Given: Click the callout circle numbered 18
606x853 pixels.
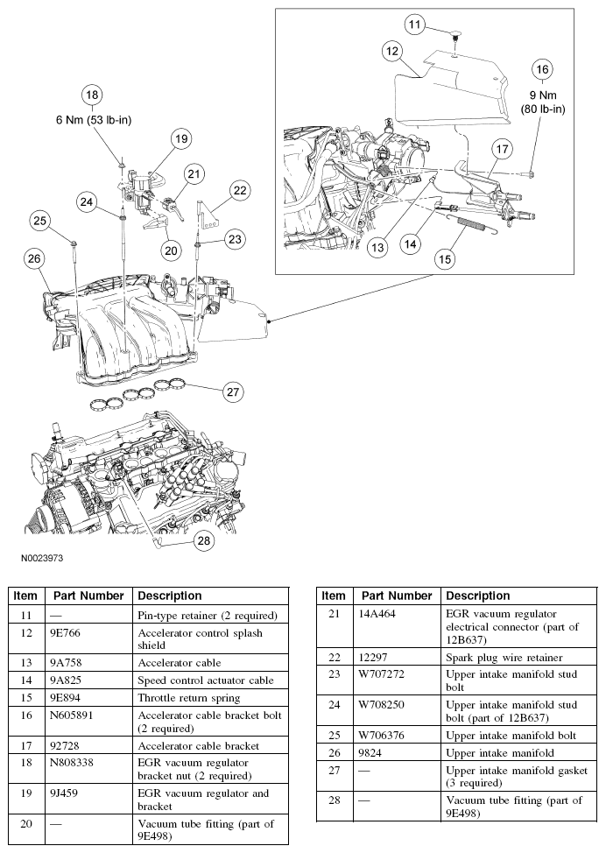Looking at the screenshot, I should (92, 95).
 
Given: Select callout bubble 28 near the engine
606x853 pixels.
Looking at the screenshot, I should (203, 541).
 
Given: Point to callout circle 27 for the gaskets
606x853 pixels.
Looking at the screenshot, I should (232, 392).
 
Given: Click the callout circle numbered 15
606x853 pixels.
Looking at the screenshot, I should (446, 258).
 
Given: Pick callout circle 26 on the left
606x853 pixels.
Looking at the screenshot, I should (33, 258).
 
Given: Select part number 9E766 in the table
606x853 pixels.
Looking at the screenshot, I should (67, 632).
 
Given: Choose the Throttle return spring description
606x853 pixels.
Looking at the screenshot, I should (188, 697).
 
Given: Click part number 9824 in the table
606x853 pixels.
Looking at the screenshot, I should (377, 752).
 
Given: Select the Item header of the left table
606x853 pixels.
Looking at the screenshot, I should (25, 596).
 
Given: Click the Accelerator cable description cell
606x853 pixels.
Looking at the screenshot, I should (179, 663).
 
